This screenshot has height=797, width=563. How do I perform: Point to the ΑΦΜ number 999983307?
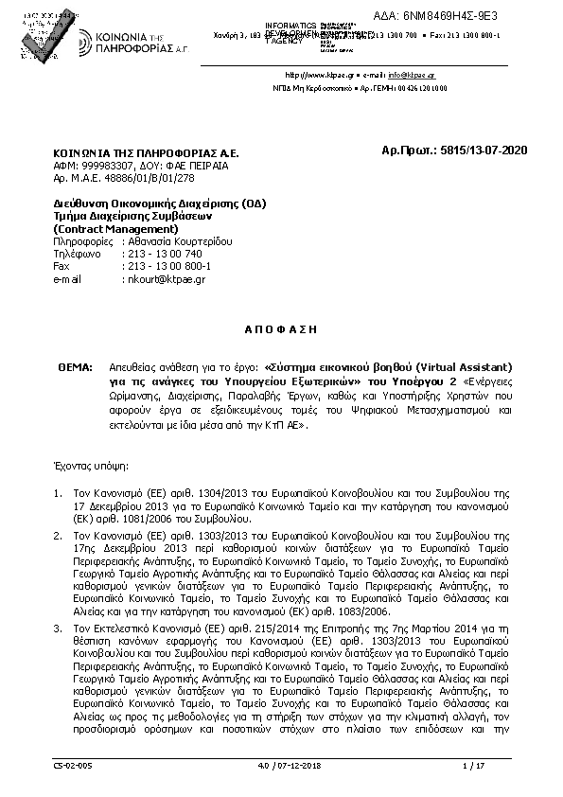[107, 165]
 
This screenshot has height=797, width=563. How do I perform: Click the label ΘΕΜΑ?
[75, 365]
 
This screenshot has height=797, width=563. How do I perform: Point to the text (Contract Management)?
[115, 228]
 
